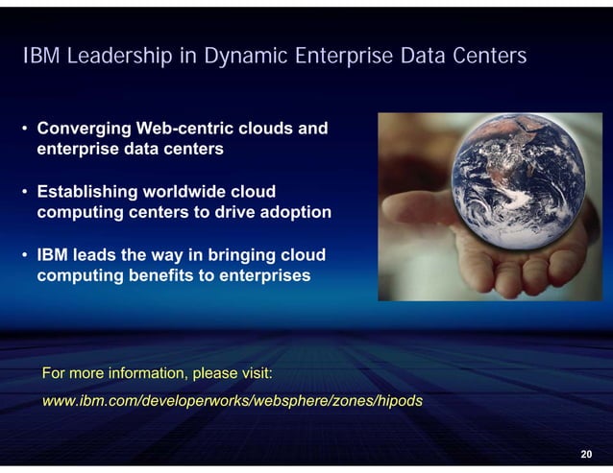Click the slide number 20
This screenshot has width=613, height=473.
click(586, 454)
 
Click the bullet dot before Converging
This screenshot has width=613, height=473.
click(25, 129)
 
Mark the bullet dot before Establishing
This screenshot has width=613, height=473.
click(25, 192)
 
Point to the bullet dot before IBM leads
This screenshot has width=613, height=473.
click(25, 256)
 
